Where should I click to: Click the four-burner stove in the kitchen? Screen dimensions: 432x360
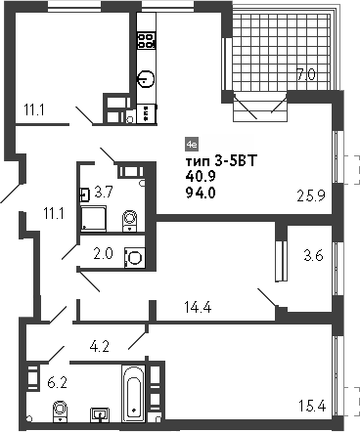tap(147, 41)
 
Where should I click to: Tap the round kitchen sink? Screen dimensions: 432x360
tap(147, 79)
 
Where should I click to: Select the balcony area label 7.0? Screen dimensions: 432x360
tap(305, 74)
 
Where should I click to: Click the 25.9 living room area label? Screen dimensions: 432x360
tap(311, 194)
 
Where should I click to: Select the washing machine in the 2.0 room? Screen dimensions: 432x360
tap(135, 258)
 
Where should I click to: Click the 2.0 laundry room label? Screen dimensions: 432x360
tap(102, 254)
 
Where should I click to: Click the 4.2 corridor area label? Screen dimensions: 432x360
tap(100, 344)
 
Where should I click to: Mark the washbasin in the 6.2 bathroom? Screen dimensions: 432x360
tap(100, 414)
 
